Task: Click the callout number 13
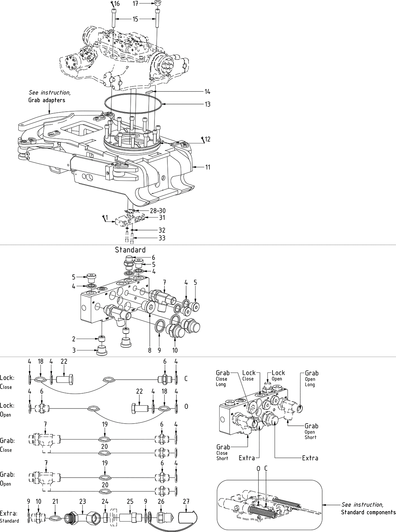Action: click(207, 104)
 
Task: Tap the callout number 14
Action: click(207, 92)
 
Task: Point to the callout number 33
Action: click(162, 238)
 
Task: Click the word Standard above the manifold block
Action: click(130, 250)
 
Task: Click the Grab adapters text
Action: click(47, 100)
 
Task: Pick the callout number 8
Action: click(150, 350)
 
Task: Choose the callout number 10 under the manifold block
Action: click(175, 350)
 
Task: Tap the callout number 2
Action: click(73, 339)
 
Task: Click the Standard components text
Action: click(368, 512)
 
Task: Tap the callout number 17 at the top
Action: click(135, 4)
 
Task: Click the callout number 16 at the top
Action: click(117, 4)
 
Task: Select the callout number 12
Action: click(208, 139)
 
